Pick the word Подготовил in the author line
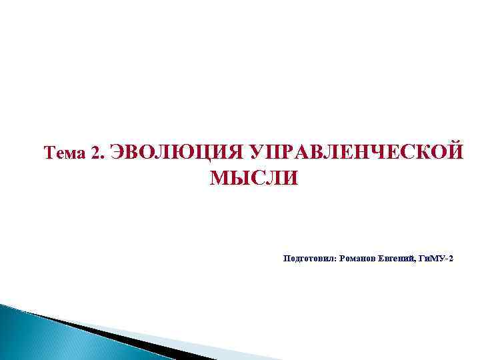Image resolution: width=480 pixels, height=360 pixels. coord(309,257)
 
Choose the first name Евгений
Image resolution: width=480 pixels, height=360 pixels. coord(396,257)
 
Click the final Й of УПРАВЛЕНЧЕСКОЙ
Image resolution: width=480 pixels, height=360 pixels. coord(454,152)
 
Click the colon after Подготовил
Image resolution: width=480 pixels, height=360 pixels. coord(335,258)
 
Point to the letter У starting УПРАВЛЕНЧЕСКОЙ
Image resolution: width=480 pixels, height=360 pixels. coord(254,152)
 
